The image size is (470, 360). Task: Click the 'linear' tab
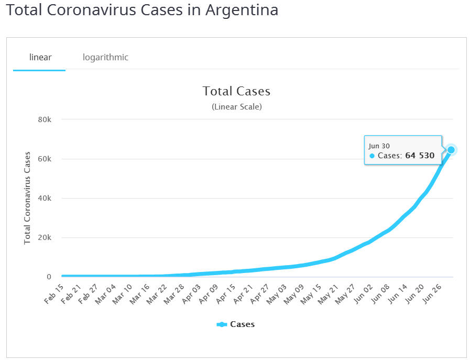(x=40, y=57)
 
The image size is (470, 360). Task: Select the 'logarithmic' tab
(x=105, y=57)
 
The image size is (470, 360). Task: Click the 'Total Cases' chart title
(x=236, y=91)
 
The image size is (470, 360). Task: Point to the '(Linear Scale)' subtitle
(x=236, y=106)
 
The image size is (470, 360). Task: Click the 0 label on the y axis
(x=49, y=277)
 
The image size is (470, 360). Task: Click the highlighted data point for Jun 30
(x=451, y=150)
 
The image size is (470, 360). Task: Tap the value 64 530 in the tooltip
(x=420, y=156)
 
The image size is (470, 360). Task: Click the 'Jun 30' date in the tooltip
(x=379, y=146)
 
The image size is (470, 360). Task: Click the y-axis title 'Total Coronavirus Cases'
(x=27, y=198)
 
